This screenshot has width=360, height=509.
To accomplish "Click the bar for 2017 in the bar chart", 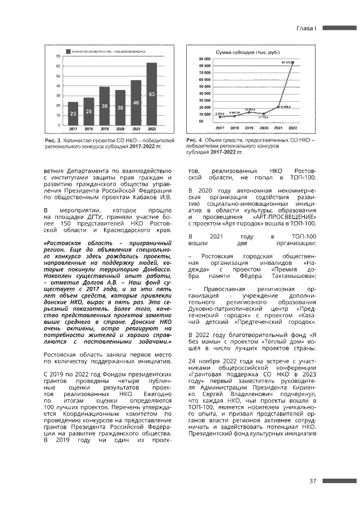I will [x=73, y=113].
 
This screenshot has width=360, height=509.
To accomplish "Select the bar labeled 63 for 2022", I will [x=152, y=93].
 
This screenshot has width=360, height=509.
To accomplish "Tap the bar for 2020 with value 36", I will [x=120, y=107].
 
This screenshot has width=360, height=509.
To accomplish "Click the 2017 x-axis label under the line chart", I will [x=219, y=128].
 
